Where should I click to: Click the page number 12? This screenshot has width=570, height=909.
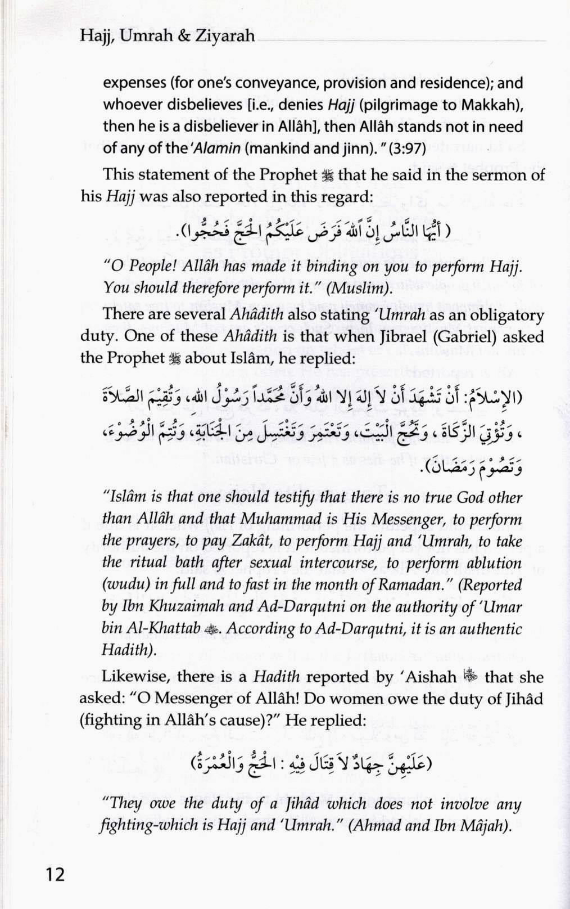(x=52, y=874)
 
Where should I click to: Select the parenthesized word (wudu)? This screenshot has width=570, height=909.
(x=124, y=585)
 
